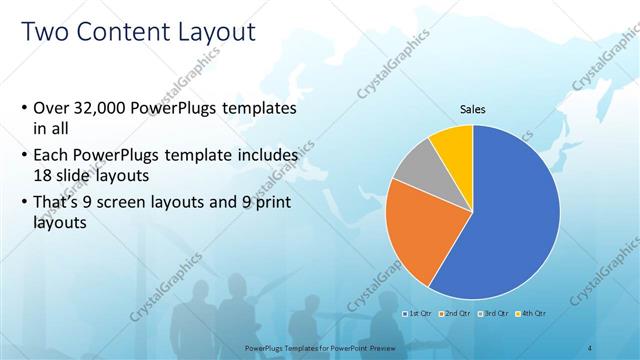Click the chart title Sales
[x=472, y=109]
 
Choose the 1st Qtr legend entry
[x=416, y=313]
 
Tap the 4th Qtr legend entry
[x=531, y=313]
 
